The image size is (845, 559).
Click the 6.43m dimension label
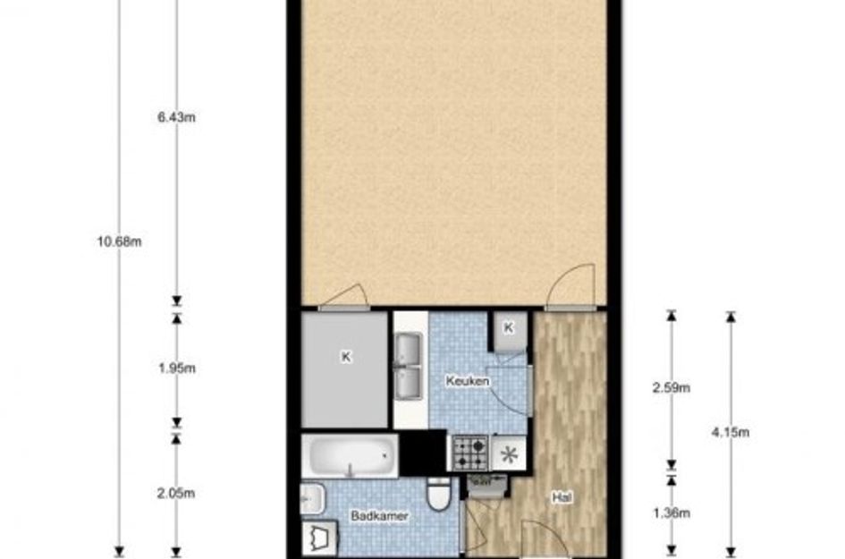(176, 117)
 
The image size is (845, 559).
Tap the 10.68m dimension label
(119, 241)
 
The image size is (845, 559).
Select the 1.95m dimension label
(177, 368)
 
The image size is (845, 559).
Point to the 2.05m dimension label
(176, 493)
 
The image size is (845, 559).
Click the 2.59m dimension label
(672, 387)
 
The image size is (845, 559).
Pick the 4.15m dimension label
(731, 432)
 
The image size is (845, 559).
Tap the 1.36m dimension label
(672, 512)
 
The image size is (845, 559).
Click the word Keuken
(468, 381)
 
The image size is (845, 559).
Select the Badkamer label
(379, 516)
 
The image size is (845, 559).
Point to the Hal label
(562, 497)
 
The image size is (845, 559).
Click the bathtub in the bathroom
(350, 455)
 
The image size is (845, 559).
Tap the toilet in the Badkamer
(438, 493)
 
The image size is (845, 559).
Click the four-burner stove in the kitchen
(470, 453)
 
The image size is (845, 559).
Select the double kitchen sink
(410, 367)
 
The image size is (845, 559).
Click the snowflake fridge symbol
(508, 453)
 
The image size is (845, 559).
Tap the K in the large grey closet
(347, 357)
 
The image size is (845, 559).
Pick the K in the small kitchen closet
(508, 327)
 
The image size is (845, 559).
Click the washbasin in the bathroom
(313, 499)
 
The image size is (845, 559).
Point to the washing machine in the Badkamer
(319, 538)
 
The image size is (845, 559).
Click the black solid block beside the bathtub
(423, 453)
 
